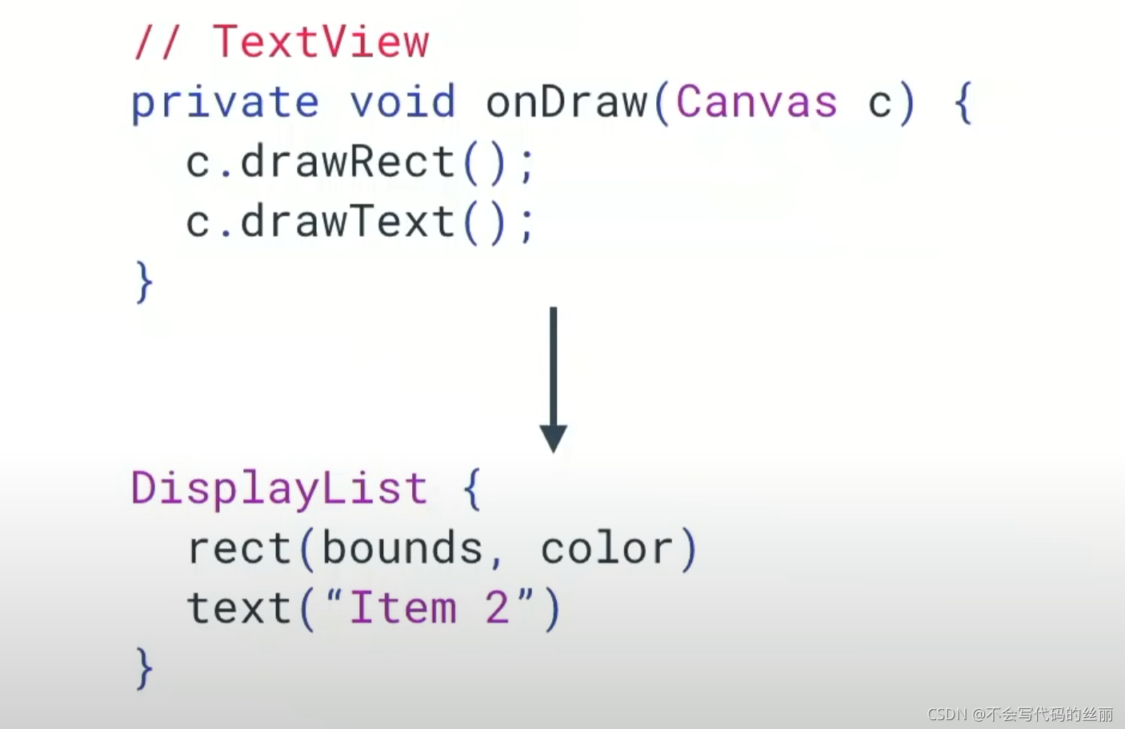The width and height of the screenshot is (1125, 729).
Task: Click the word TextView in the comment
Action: coord(321,42)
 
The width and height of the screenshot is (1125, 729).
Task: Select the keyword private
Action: coord(225,103)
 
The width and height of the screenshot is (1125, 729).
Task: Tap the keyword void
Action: coord(402,103)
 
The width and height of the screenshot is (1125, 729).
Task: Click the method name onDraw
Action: coord(567,103)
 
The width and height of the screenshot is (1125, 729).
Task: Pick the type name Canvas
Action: coord(757,103)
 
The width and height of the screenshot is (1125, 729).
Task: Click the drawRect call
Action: coord(348,162)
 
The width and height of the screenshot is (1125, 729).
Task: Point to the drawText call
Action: coord(348,222)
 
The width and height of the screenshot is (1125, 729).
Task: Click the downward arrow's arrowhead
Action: coord(553,438)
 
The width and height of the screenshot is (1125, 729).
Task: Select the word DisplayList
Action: coord(279,488)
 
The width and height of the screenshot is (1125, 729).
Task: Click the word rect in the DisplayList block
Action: coord(239,549)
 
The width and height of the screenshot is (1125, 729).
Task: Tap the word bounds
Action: coord(402,549)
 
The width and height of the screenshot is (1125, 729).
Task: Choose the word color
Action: coord(607,549)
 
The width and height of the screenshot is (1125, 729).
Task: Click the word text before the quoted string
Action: coord(239,608)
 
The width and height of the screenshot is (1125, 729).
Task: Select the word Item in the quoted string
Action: coord(402,608)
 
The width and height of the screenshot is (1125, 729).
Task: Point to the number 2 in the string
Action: coord(497,608)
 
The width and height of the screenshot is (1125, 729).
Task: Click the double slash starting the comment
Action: coord(157,42)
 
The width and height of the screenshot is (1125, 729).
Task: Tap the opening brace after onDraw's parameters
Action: coord(964,103)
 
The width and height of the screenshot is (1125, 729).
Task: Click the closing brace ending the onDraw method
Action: coord(144,282)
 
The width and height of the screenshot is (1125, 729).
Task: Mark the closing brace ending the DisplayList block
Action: coord(144,668)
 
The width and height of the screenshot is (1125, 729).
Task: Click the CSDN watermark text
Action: coord(1019,714)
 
